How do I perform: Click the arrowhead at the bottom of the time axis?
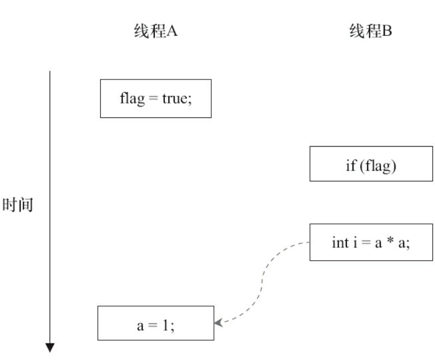click(50, 347)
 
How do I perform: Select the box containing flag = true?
click(155, 98)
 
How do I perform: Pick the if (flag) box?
click(371, 164)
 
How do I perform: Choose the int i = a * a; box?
click(371, 242)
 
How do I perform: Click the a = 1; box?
click(155, 323)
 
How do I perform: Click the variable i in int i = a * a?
click(354, 242)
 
